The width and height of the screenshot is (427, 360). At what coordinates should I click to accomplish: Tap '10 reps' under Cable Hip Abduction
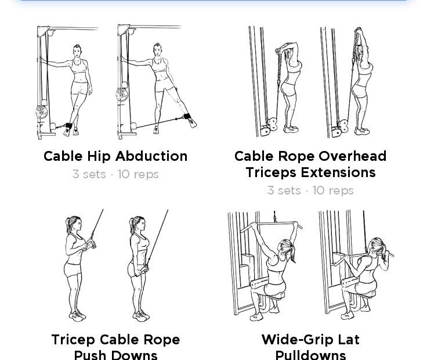point(138,174)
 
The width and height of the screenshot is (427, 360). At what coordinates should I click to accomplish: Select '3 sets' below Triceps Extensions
point(283,190)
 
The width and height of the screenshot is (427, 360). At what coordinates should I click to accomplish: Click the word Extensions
point(343,172)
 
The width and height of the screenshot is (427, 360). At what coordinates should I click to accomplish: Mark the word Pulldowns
point(310,355)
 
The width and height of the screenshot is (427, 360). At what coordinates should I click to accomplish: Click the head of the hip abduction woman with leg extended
point(157,49)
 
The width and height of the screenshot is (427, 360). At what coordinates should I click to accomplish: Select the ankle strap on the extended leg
point(186,116)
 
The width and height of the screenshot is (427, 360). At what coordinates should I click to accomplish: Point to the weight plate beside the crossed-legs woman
point(41,112)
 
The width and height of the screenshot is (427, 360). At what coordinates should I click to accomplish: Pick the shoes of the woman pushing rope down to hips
point(141,316)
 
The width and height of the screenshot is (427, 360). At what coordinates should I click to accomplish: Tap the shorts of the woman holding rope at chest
point(73,269)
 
